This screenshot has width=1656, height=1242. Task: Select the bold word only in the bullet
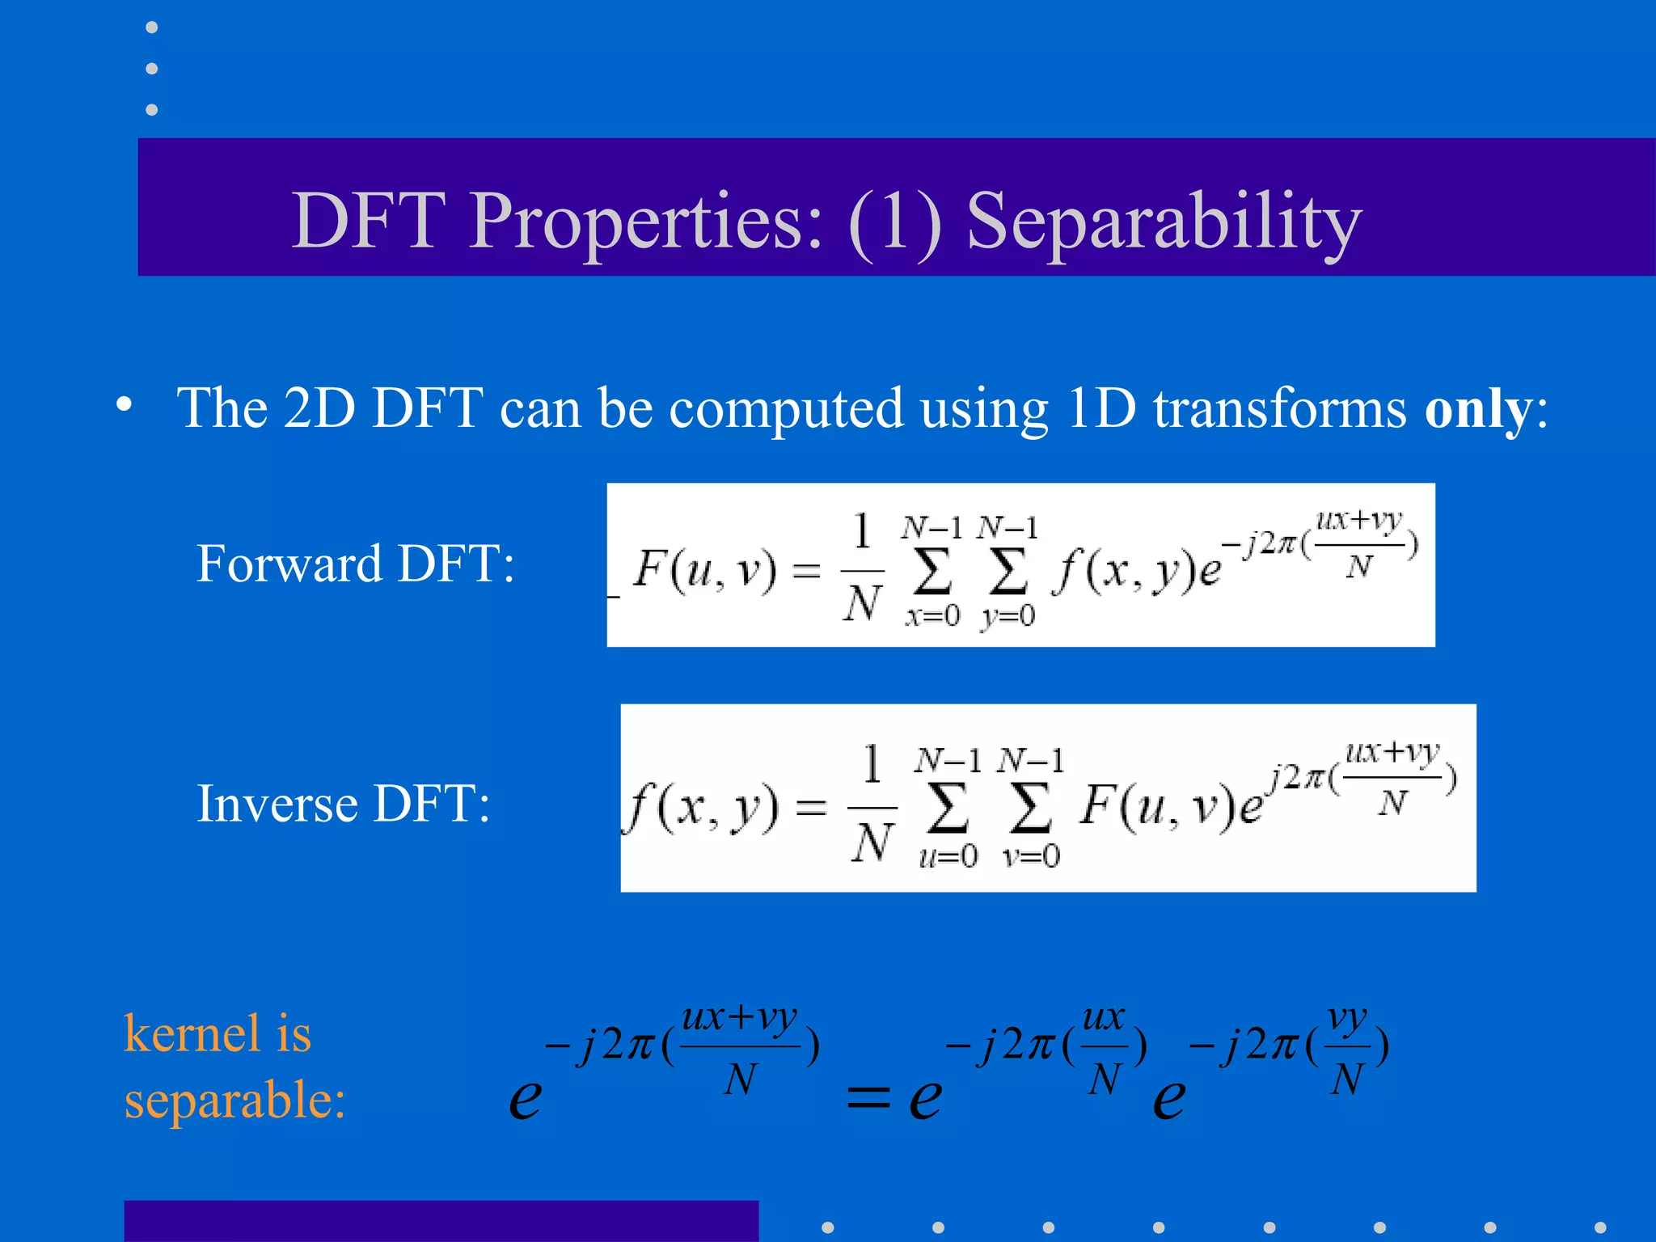tap(1477, 409)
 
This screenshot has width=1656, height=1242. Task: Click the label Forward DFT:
tap(355, 564)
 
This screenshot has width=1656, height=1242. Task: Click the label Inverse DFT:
tap(343, 804)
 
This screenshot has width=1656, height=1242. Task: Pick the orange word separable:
tap(234, 1100)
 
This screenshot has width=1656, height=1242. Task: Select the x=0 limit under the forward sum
tap(931, 616)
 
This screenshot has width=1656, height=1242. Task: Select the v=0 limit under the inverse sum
tap(1030, 855)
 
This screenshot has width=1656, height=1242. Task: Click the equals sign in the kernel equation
tap(868, 1097)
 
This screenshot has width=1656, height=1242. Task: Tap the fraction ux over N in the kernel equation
tap(1105, 1048)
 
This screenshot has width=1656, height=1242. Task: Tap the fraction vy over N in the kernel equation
tap(1347, 1048)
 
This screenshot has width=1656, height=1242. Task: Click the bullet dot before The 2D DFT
tap(124, 404)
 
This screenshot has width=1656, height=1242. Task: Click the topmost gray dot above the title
tap(151, 27)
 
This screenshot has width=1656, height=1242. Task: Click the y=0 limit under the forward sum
tap(1008, 616)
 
